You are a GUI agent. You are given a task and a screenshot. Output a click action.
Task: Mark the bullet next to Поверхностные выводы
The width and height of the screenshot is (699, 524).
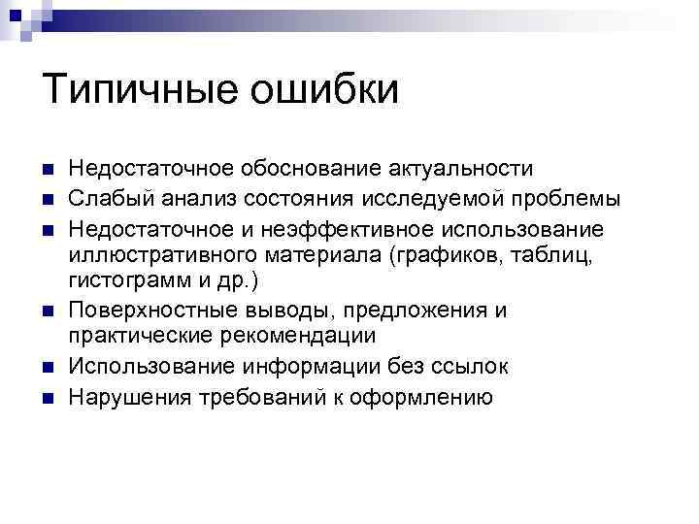48,312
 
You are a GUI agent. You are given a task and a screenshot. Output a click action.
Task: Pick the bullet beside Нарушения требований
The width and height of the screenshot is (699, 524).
48,398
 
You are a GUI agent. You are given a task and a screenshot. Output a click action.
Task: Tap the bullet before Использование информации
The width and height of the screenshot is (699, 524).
48,368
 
